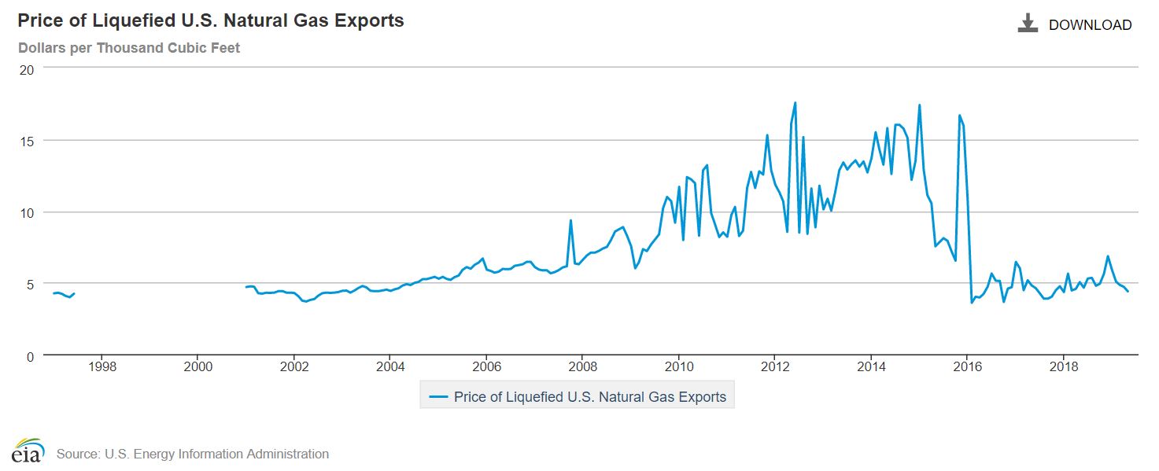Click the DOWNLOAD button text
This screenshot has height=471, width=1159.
[x=1090, y=25]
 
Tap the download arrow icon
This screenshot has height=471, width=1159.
[x=1028, y=24]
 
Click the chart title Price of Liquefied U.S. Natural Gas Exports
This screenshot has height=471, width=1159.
[x=211, y=21]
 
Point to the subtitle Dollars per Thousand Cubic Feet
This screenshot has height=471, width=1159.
[x=129, y=48]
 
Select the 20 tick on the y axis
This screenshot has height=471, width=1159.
[x=27, y=69]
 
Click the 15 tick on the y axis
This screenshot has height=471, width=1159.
[x=27, y=141]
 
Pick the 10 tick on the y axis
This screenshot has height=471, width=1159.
[x=27, y=212]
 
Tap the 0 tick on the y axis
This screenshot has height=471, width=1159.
[x=30, y=356]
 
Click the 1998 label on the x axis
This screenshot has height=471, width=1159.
[x=102, y=367]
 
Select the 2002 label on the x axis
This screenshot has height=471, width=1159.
[x=294, y=367]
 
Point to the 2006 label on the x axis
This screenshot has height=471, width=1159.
[x=487, y=367]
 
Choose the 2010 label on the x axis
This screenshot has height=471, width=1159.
[x=679, y=367]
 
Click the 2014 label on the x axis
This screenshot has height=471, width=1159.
[x=871, y=367]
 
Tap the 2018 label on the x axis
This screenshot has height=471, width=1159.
[x=1064, y=367]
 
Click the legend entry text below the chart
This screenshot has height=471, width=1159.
[x=589, y=397]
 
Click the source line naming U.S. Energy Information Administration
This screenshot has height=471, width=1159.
[x=193, y=454]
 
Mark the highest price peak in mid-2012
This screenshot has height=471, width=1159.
[x=795, y=103]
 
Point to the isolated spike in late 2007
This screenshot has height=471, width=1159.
[x=570, y=221]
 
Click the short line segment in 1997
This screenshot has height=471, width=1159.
[x=63, y=294]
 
